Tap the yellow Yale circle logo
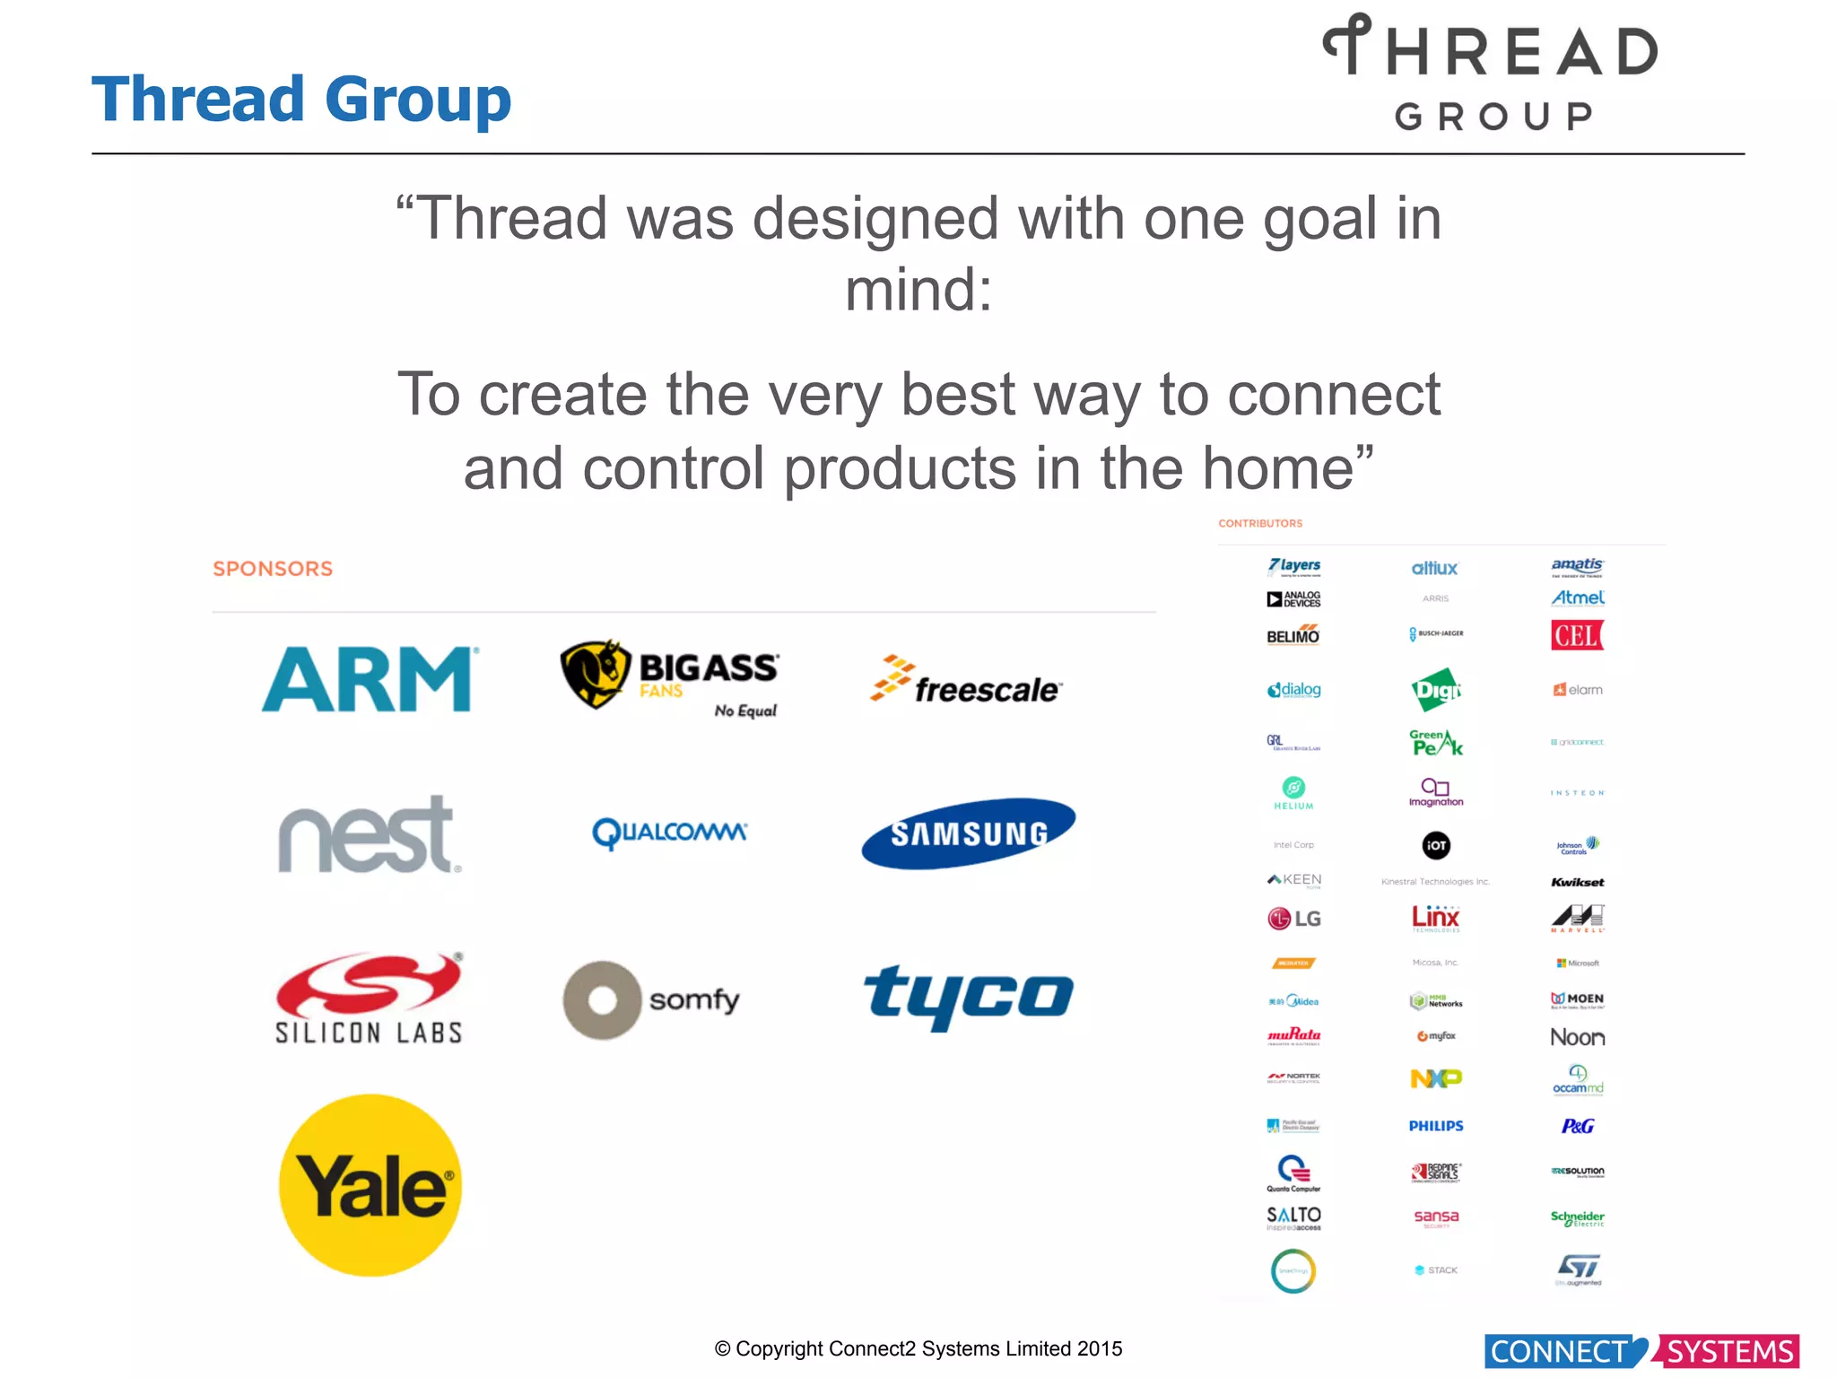(370, 1185)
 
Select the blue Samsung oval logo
(969, 833)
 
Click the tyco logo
(969, 996)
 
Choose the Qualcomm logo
(669, 833)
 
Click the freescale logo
(967, 681)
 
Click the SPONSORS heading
(273, 569)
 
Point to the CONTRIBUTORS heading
(1259, 523)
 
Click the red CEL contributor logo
(1577, 635)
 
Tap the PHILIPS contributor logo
(1435, 1126)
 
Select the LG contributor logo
(1293, 918)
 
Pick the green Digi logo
(1435, 690)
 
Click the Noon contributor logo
(1578, 1037)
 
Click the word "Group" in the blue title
(418, 99)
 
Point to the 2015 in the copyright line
(1100, 1348)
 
